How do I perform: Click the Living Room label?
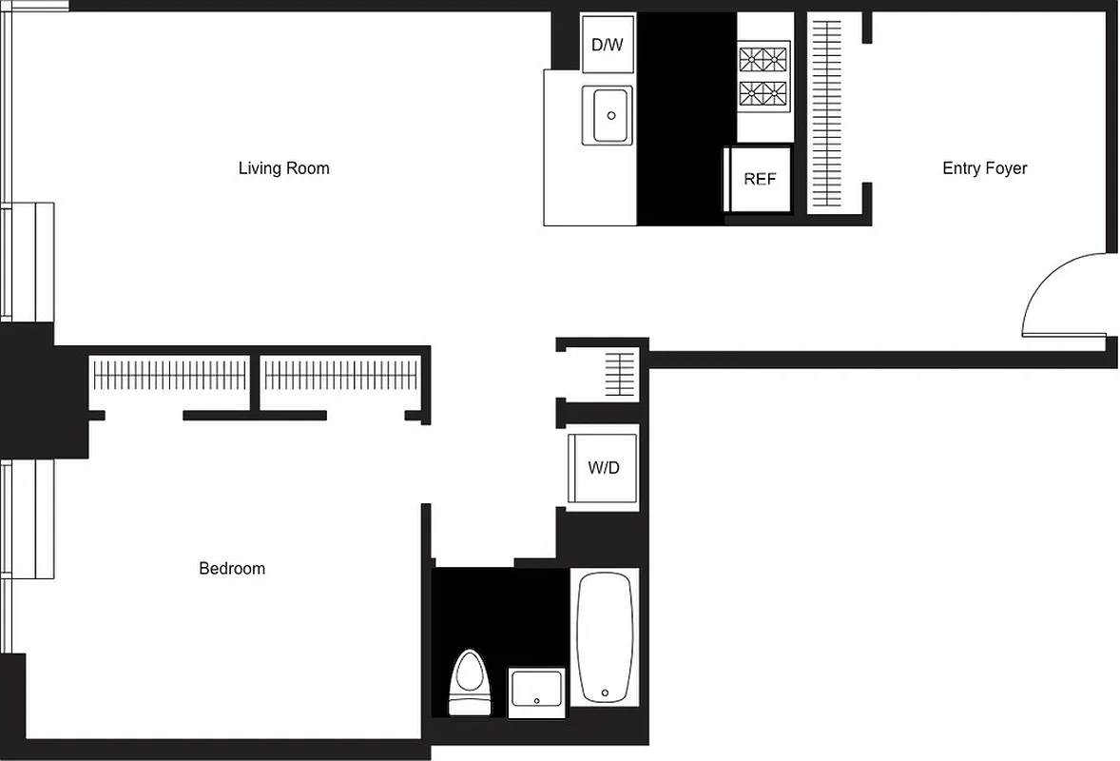pos(283,168)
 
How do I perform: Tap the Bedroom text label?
pos(232,569)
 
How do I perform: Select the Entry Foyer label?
pos(984,168)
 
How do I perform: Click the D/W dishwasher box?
pos(608,44)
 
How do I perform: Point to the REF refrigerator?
pos(759,179)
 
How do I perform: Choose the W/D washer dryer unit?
pos(603,468)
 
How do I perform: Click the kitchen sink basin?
pos(608,115)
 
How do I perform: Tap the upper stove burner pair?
pos(764,60)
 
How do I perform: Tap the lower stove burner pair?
pos(764,93)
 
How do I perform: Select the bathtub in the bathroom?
pos(605,635)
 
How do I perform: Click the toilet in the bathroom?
pos(467,679)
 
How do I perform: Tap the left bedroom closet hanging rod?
pos(171,375)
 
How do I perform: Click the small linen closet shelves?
pos(619,374)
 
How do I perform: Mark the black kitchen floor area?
pos(685,119)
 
